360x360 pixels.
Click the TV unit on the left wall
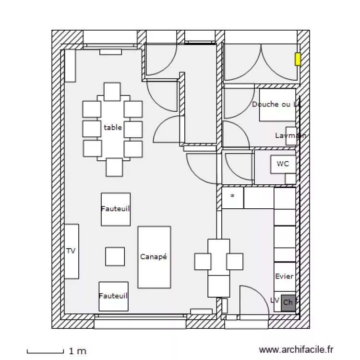(72, 251)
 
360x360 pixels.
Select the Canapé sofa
(154, 257)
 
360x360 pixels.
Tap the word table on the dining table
(113, 128)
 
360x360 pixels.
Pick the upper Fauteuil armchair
(116, 209)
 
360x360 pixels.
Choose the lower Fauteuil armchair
(113, 296)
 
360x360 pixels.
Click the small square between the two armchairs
(115, 256)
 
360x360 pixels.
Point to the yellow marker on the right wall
(298, 59)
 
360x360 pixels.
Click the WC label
(283, 164)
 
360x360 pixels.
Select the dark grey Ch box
(288, 302)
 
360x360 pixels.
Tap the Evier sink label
(284, 276)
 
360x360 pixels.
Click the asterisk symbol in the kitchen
(232, 196)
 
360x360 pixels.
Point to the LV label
(275, 300)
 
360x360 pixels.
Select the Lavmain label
(290, 136)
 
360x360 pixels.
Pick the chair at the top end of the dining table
(112, 91)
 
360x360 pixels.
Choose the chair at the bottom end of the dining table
(114, 167)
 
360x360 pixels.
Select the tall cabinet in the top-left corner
(70, 65)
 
